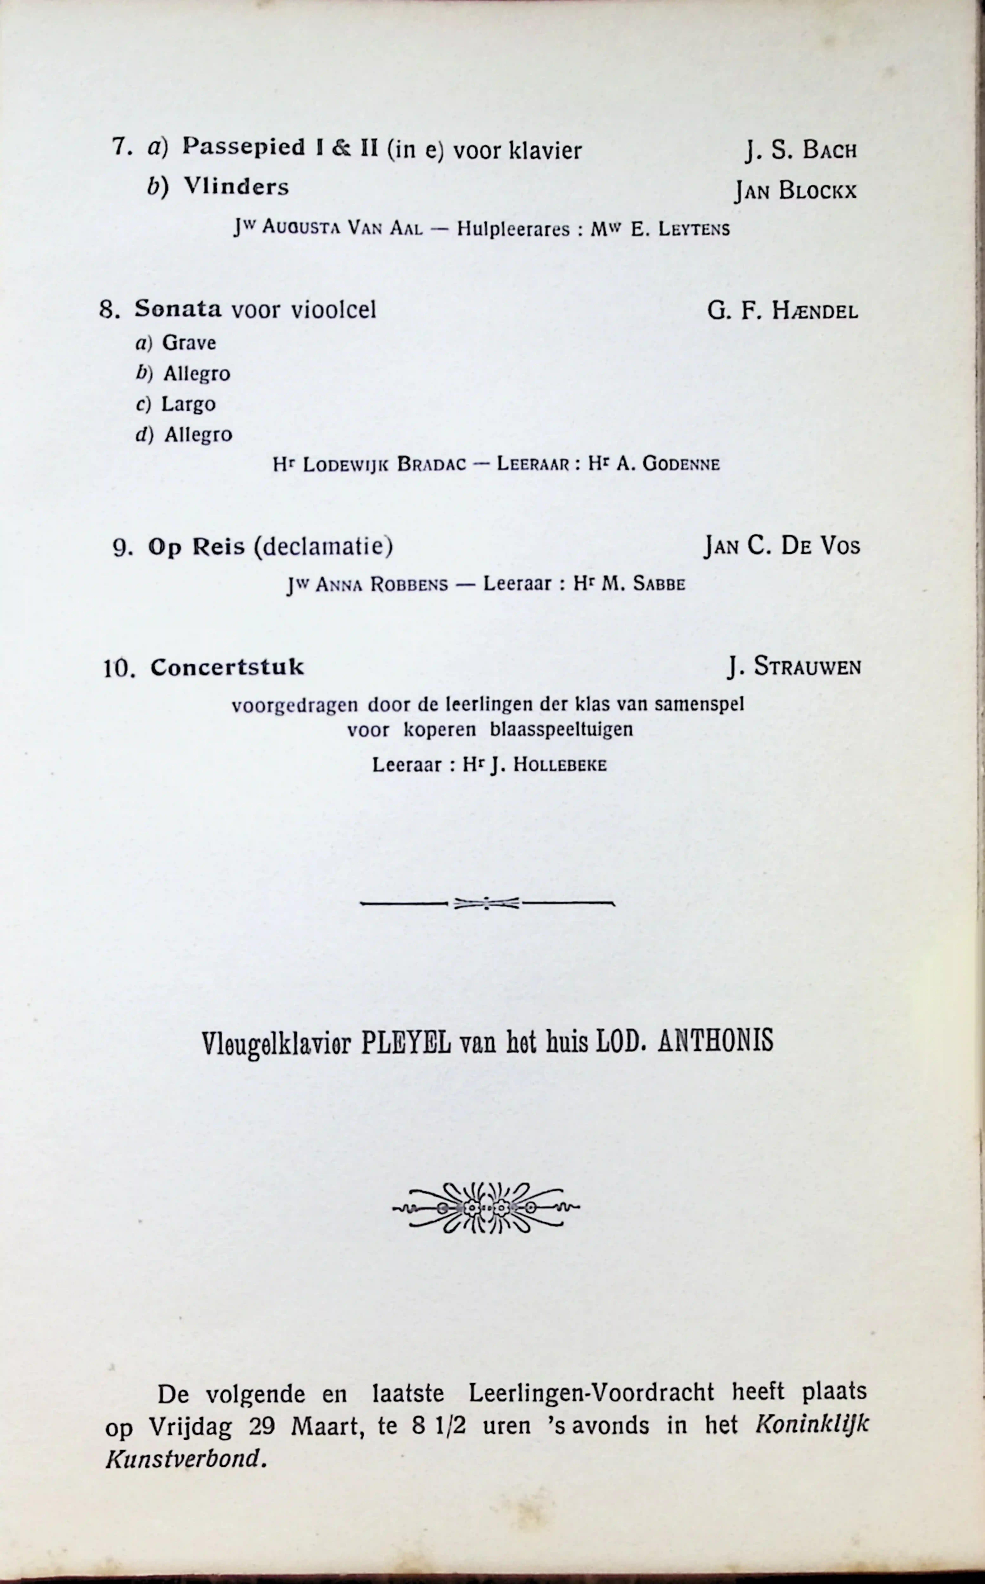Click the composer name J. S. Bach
coord(801,150)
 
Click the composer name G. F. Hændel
coord(782,311)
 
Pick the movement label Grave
coord(189,343)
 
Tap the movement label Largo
coord(188,404)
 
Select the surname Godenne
coord(681,464)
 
